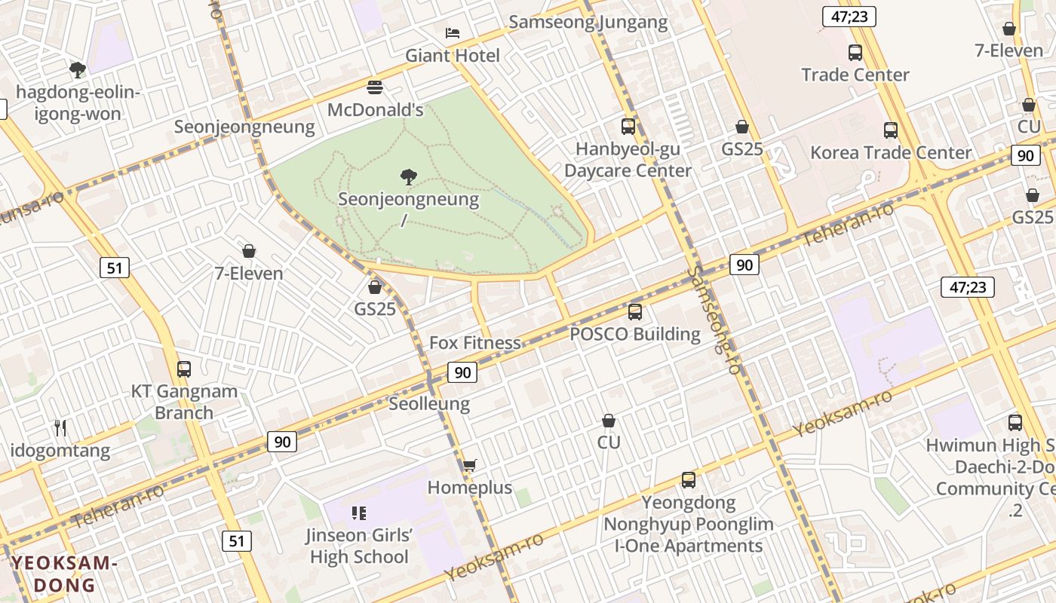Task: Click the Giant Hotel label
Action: pyautogui.click(x=453, y=56)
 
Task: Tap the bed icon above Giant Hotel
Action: pyautogui.click(x=453, y=32)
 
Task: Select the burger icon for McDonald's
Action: pyautogui.click(x=375, y=87)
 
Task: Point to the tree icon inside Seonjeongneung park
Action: pyautogui.click(x=408, y=178)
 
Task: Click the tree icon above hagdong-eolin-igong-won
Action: pyautogui.click(x=77, y=70)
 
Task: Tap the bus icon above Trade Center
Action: pyautogui.click(x=855, y=53)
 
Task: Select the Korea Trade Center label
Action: pyautogui.click(x=890, y=153)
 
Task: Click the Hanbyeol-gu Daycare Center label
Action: pyautogui.click(x=628, y=160)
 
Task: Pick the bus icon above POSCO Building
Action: pyautogui.click(x=635, y=311)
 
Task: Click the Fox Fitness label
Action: pyautogui.click(x=475, y=343)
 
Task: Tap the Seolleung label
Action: pyautogui.click(x=429, y=404)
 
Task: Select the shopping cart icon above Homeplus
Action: pyautogui.click(x=469, y=465)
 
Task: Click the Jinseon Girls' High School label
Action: pyautogui.click(x=359, y=546)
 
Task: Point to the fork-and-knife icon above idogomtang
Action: pyautogui.click(x=60, y=428)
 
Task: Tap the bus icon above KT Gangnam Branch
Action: pyautogui.click(x=184, y=369)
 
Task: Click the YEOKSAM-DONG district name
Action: pyautogui.click(x=65, y=574)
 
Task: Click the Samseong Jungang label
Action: pyautogui.click(x=588, y=23)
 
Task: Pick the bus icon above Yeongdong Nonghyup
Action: pyautogui.click(x=688, y=479)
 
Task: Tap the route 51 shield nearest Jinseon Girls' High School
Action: pyautogui.click(x=237, y=540)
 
